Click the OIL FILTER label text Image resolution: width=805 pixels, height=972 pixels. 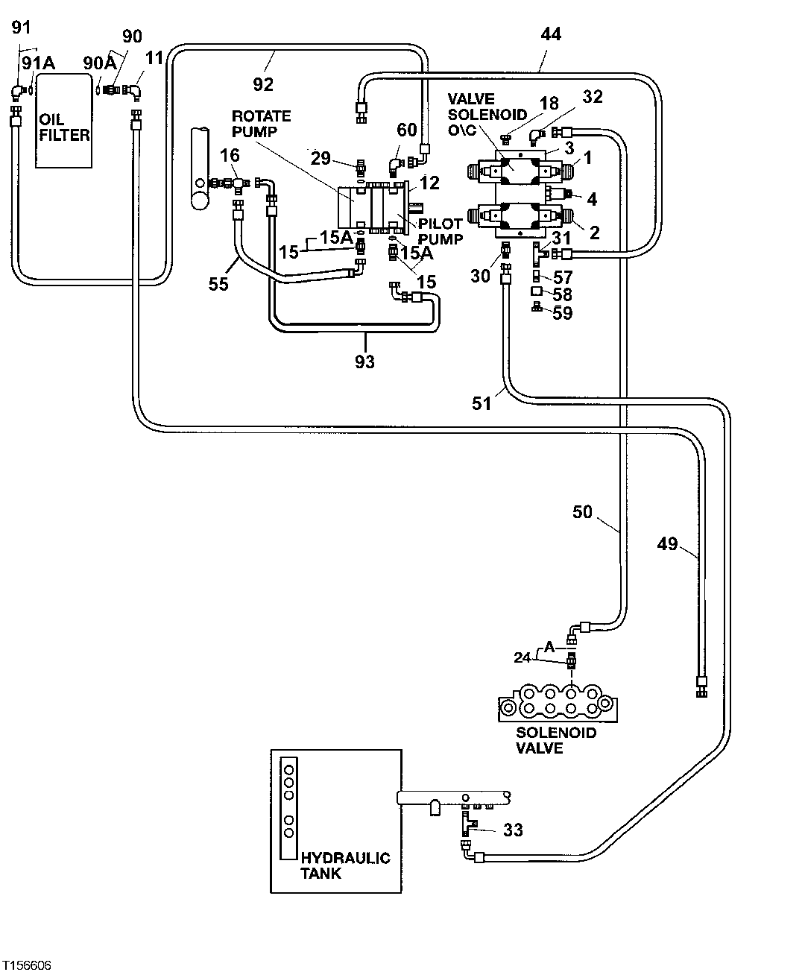click(65, 127)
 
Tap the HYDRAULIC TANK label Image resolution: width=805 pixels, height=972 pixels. click(344, 865)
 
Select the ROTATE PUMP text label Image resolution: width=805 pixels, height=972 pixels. click(261, 124)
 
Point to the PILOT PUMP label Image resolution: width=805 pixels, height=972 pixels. click(441, 231)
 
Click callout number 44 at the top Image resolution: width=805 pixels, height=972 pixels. click(551, 34)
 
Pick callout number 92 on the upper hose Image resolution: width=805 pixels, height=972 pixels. click(263, 84)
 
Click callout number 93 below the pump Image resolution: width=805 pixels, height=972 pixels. click(365, 362)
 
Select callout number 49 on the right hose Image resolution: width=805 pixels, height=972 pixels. click(668, 544)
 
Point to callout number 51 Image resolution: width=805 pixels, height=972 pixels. click(482, 403)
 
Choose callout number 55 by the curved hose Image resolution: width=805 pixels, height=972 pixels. click(218, 284)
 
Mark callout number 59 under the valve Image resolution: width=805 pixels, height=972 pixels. click(563, 313)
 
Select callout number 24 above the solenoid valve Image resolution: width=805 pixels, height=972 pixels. click(523, 657)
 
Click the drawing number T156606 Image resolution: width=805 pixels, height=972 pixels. click(27, 965)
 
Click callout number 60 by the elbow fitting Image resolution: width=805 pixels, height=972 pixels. click(407, 130)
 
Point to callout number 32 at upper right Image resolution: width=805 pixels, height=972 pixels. click(593, 96)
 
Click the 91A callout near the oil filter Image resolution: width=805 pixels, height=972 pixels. click(38, 63)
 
